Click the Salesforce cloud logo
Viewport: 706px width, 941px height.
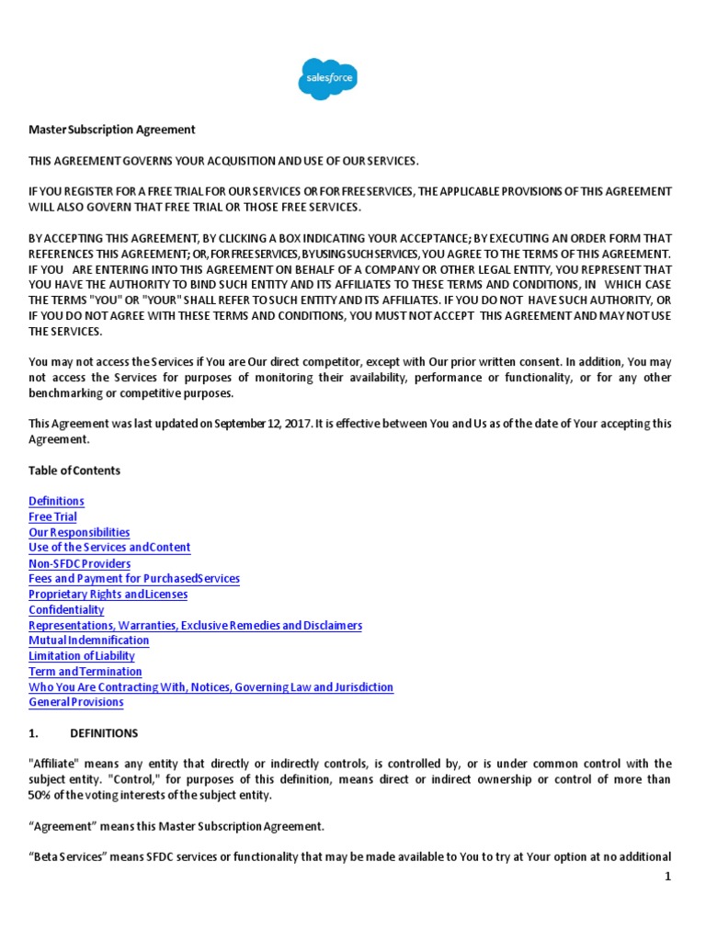tap(326, 78)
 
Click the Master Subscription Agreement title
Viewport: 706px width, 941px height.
tap(112, 130)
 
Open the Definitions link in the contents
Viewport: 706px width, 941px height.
tap(56, 501)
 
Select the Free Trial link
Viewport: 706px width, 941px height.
tap(52, 516)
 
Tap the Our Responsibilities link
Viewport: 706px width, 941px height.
tap(79, 532)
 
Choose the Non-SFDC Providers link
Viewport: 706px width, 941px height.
tap(79, 563)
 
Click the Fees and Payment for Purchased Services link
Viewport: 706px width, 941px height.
tap(134, 579)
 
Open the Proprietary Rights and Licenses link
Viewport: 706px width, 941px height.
tap(108, 595)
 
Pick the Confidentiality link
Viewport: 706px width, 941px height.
tap(66, 610)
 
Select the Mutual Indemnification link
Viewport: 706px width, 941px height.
tap(88, 641)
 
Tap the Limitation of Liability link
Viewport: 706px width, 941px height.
tap(82, 656)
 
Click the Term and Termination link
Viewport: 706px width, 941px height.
tap(85, 672)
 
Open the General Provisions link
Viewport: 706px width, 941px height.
tap(76, 703)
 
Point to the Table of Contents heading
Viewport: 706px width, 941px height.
tap(74, 470)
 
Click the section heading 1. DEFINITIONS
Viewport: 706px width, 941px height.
tap(84, 733)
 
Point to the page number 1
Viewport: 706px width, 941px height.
tap(668, 877)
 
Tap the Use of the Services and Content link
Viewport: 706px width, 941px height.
tap(109, 548)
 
